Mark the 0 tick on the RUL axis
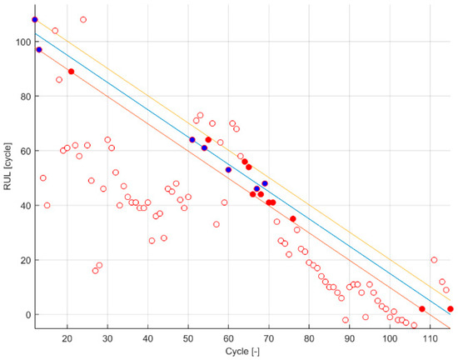(25, 314)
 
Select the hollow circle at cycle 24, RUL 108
(83, 19)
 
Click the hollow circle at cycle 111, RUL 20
(434, 260)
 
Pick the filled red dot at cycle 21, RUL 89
(71, 72)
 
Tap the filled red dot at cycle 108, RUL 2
(422, 309)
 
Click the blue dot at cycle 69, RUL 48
(265, 183)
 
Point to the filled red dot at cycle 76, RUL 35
(293, 219)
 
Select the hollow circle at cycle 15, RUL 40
(47, 205)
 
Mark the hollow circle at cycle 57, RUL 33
(217, 224)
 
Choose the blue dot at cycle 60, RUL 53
(228, 170)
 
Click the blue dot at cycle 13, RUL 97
(39, 50)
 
